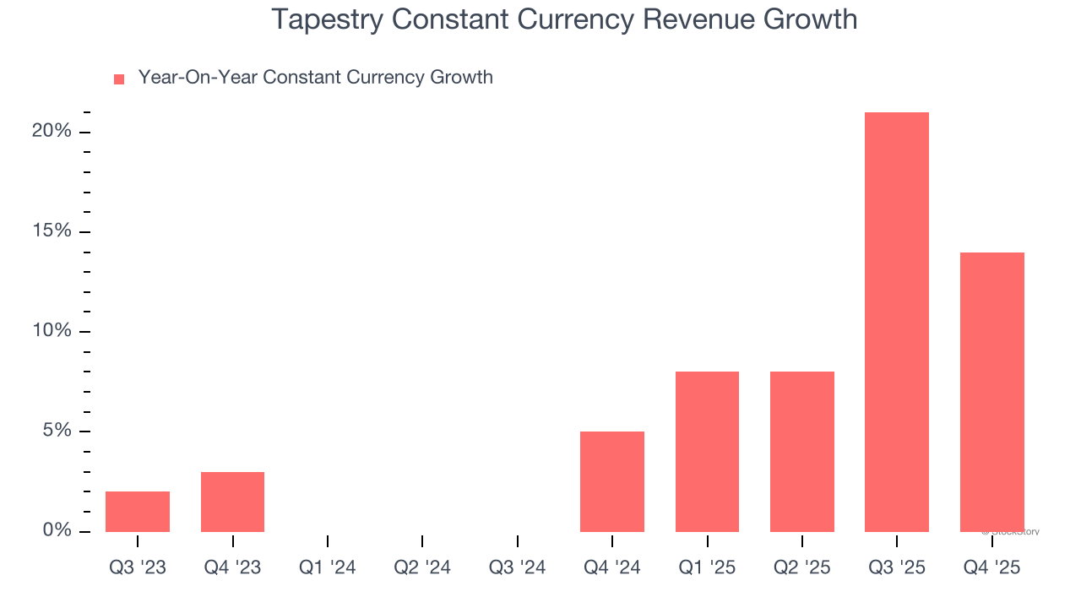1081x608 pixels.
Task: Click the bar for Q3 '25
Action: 897,322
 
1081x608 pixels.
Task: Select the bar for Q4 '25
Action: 991,392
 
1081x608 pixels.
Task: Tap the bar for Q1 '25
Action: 707,452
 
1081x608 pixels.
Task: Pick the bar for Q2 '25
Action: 802,452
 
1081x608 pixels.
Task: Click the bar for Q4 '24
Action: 612,481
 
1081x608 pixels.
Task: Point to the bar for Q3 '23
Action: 138,512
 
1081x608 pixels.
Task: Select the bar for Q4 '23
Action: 232,502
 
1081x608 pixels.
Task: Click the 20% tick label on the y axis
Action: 52,132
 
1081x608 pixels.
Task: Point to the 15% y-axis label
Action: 52,231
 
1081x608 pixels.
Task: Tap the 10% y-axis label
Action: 52,331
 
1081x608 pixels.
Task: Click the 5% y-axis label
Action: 57,431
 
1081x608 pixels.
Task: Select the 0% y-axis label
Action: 57,530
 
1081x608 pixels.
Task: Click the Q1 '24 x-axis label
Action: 328,567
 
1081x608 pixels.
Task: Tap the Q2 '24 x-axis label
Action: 422,567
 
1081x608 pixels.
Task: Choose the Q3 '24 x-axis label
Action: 517,567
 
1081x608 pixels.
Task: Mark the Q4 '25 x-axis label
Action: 991,567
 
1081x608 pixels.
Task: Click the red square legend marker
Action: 119,79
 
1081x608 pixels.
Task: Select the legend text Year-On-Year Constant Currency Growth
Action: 315,78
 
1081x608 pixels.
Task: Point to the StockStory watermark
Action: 1011,532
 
